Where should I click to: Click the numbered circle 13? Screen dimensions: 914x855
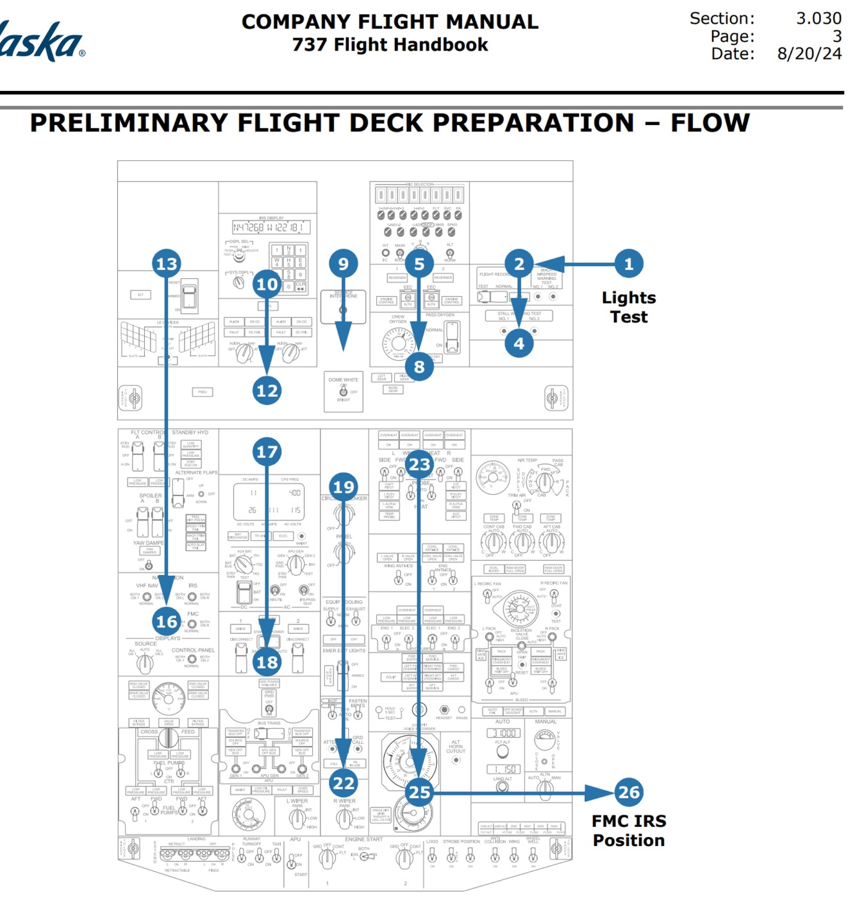point(167,263)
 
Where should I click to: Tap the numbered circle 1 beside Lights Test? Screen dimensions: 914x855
point(628,263)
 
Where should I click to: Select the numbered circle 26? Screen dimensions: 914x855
point(628,792)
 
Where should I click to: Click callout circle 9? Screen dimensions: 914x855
point(344,263)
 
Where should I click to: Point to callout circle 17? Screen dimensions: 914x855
point(267,452)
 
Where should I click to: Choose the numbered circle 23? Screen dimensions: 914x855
point(419,464)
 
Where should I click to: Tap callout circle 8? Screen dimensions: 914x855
point(419,367)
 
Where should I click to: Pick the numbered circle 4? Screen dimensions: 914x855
point(519,344)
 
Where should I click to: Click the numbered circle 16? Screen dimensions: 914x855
point(167,621)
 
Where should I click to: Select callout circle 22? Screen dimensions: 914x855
point(344,783)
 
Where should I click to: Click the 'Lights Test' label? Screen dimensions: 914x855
point(628,307)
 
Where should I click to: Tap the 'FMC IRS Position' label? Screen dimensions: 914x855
point(628,831)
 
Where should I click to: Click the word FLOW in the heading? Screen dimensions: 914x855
point(710,122)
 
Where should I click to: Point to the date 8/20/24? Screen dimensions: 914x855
point(809,54)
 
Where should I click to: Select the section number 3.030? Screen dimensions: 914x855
point(818,19)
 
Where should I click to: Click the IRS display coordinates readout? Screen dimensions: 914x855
point(271,228)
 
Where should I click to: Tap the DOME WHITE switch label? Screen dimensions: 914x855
point(344,380)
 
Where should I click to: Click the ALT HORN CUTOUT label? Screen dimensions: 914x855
point(456,747)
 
